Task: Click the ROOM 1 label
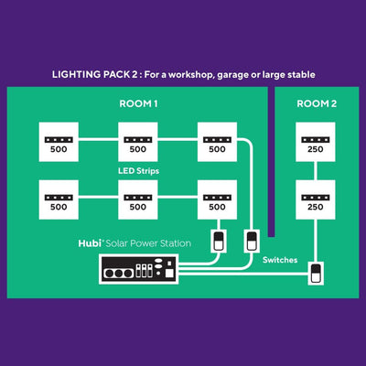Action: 138,104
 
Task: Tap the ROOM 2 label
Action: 317,104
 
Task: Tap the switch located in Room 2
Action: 317,274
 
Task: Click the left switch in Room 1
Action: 218,242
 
